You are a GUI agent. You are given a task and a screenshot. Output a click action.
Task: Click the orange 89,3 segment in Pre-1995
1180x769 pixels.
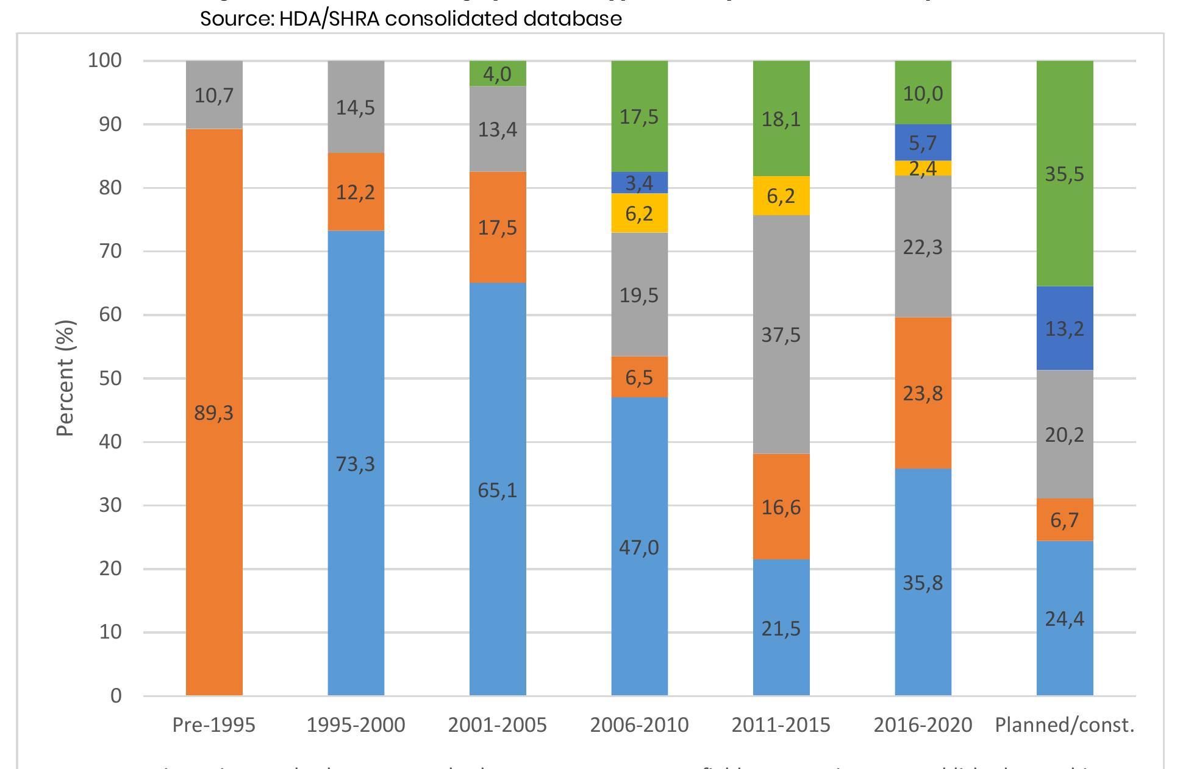(214, 412)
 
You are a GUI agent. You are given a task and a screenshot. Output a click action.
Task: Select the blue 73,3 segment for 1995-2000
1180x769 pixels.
(356, 463)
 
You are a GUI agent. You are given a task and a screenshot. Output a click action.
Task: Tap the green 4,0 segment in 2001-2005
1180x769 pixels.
(498, 74)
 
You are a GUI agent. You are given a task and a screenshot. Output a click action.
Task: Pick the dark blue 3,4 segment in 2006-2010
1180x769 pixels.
(640, 182)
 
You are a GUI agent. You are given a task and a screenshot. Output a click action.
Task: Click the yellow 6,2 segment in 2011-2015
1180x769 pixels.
(781, 196)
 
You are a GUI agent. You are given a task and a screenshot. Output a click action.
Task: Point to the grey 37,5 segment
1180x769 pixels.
(781, 335)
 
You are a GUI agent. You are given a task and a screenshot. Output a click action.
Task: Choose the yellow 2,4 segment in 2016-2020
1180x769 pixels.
(923, 168)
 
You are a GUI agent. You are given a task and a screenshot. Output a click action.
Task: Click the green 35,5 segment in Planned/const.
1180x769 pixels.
(1065, 174)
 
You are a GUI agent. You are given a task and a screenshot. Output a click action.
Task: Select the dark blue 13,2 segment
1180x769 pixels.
(1065, 328)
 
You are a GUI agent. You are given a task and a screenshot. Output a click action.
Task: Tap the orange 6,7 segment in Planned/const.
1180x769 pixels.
(1065, 520)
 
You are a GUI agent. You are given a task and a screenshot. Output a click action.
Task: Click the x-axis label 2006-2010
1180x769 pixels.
(640, 725)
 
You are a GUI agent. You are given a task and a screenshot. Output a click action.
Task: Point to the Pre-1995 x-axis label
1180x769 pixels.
(214, 725)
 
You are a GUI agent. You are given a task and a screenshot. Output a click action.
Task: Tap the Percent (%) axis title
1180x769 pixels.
(65, 378)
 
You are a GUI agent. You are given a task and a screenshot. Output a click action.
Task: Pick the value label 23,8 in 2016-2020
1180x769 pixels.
(923, 393)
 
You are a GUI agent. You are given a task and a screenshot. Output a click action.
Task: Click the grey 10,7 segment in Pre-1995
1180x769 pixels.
(214, 95)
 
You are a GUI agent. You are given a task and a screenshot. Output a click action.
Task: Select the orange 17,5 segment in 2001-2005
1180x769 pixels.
(498, 227)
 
